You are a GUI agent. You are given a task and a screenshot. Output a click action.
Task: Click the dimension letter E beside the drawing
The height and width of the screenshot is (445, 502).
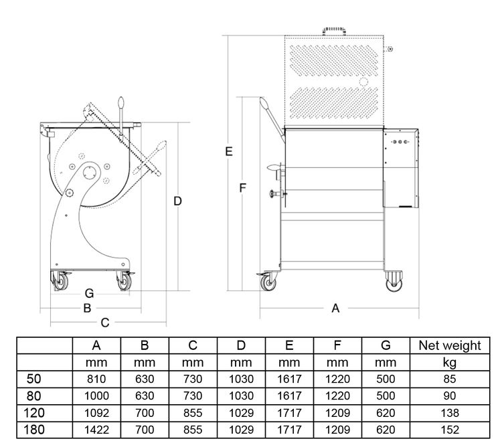(x=228, y=152)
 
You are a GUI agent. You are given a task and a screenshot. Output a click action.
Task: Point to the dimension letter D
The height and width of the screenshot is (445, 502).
(x=177, y=201)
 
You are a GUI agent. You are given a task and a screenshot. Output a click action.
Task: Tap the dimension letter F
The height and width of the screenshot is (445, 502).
(x=243, y=188)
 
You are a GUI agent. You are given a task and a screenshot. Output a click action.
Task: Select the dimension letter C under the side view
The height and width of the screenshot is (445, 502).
(x=104, y=323)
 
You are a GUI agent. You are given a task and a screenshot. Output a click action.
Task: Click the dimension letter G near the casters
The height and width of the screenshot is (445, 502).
(x=89, y=293)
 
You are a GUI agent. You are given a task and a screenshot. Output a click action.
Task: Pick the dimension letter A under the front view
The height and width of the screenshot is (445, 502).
(x=336, y=308)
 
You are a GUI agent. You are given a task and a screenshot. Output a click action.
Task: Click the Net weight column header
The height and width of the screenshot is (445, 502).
(x=449, y=346)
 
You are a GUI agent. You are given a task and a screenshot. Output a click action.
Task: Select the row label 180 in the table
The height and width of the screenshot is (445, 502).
(x=35, y=430)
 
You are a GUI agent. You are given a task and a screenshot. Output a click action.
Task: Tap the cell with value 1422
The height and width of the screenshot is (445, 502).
(x=96, y=430)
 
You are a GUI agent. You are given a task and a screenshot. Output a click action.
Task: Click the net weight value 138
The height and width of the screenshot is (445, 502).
(x=449, y=413)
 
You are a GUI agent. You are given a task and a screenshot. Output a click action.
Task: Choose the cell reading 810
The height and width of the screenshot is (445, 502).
(x=96, y=379)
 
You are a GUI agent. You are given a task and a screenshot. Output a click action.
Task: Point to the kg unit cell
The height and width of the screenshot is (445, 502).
(x=449, y=363)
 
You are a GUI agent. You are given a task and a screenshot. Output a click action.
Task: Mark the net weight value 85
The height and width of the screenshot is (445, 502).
(x=449, y=379)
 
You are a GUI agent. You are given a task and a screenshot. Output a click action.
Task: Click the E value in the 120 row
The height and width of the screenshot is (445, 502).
(x=289, y=413)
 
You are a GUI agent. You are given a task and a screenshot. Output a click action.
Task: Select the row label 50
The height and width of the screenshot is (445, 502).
(x=35, y=379)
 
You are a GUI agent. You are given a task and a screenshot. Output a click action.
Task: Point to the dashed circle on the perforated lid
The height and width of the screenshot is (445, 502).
(x=363, y=81)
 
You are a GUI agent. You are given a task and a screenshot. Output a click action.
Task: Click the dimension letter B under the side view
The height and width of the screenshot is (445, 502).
(x=86, y=308)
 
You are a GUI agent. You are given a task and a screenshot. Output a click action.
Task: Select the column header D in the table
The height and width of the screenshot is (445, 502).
(x=241, y=346)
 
